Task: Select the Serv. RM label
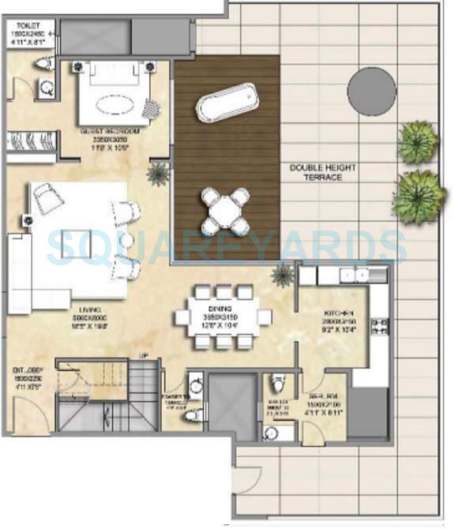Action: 325,393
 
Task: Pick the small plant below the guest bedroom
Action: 159,173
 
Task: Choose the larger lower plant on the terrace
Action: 418,194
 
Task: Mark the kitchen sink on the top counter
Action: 353,275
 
